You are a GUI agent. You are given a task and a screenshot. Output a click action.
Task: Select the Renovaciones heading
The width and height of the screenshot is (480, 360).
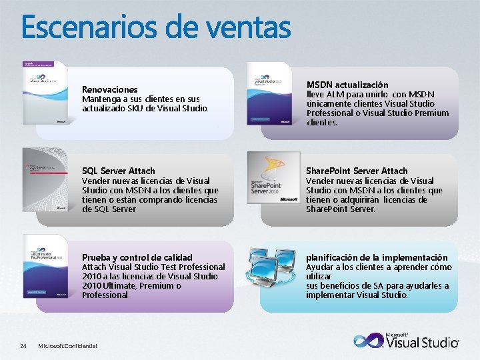tap(109, 89)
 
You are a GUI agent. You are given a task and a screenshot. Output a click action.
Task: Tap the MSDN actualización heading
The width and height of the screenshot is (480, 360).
tap(347, 85)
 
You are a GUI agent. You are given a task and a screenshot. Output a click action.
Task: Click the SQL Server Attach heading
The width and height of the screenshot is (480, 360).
tap(118, 171)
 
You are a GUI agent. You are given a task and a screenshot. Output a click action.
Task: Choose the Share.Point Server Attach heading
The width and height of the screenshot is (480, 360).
tap(357, 171)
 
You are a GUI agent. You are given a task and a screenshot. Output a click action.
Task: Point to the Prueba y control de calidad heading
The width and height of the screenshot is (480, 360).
tap(137, 257)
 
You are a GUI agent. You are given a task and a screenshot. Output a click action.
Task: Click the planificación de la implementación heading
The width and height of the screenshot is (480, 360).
tap(377, 257)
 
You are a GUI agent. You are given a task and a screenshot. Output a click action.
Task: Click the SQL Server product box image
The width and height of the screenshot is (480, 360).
tap(45, 178)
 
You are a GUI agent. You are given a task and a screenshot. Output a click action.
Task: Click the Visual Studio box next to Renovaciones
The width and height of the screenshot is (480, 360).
tap(45, 93)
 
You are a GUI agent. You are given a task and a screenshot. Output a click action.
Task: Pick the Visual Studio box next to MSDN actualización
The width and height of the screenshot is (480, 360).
tap(269, 93)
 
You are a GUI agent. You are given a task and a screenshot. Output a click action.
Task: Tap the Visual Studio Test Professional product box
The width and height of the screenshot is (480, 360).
tap(45, 265)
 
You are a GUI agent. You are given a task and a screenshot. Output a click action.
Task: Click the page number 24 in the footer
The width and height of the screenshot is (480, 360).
tap(23, 345)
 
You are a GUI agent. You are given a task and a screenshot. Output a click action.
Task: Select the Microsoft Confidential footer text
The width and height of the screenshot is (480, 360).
tap(67, 345)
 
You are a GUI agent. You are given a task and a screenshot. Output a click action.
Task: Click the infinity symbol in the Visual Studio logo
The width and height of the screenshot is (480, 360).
tap(369, 340)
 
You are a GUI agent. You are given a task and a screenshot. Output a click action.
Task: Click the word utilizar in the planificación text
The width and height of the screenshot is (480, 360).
tap(318, 276)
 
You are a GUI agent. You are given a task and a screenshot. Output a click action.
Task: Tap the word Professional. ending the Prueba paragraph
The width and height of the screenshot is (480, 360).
tap(106, 295)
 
